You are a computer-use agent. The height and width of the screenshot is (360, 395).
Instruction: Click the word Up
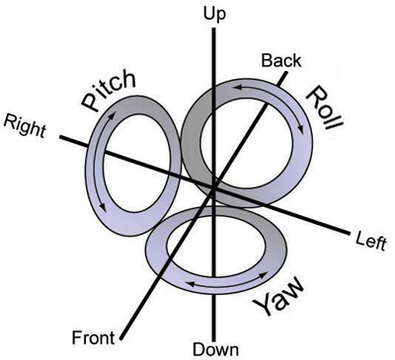[x=215, y=15]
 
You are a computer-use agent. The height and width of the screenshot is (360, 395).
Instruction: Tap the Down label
[x=215, y=349]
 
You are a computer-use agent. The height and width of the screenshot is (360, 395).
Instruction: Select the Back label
[x=281, y=61]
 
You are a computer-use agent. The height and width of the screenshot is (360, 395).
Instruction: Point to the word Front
[x=94, y=337]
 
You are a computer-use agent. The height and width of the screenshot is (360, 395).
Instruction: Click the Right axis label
[x=25, y=126]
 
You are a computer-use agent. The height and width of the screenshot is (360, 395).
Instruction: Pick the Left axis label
[x=371, y=242]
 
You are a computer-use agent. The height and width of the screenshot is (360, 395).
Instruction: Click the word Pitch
[x=109, y=90]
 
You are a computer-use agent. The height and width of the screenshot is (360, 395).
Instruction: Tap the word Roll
[x=325, y=108]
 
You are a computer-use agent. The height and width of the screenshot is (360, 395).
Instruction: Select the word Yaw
[x=279, y=297]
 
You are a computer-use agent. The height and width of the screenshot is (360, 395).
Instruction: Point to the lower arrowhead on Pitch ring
[x=103, y=207]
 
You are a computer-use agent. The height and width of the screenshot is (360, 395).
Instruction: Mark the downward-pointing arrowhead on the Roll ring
[x=300, y=130]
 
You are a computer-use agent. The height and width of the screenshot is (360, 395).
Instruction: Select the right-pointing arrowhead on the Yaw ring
[x=265, y=273]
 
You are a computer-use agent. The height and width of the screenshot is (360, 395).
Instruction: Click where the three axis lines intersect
[x=214, y=188]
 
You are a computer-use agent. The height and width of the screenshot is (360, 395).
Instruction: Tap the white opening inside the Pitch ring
[x=137, y=164]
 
